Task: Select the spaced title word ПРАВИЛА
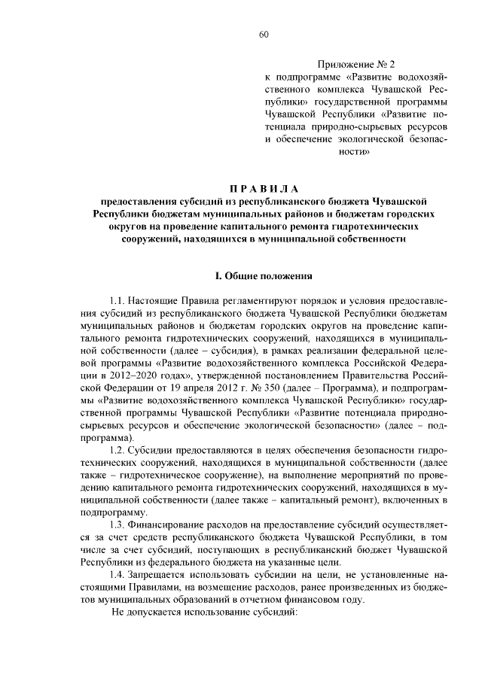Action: click(264, 187)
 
